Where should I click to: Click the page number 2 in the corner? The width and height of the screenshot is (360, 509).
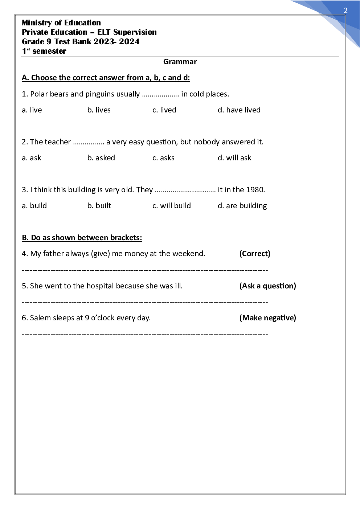(345, 11)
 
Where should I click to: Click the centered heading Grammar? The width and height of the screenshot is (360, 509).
(180, 62)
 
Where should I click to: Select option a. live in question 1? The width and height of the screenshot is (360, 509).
(32, 110)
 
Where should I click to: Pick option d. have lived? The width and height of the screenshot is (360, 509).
(239, 110)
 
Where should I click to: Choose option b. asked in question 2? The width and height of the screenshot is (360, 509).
(101, 158)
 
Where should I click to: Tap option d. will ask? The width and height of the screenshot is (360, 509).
(234, 158)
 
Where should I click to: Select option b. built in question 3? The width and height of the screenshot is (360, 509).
(99, 206)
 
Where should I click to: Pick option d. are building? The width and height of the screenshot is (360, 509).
(242, 206)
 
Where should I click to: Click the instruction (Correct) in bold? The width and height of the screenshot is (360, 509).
(255, 254)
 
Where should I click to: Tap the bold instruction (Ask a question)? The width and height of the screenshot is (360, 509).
(267, 286)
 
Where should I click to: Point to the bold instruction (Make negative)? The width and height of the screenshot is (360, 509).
(267, 318)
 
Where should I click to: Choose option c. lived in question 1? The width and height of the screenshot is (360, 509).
(164, 110)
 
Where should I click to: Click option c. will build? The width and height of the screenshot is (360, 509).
(172, 206)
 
